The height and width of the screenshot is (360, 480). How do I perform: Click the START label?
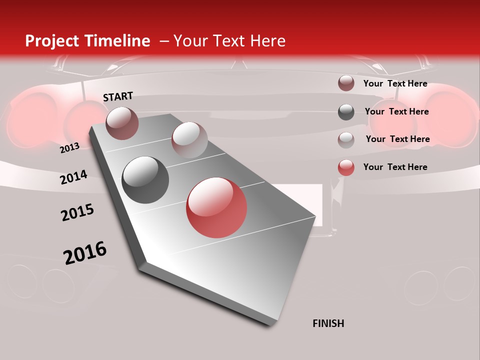pos(118,96)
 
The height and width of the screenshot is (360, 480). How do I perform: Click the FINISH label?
pos(328,323)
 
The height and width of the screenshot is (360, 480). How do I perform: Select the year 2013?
pos(69,148)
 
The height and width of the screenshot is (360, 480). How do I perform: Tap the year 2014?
pos(73,177)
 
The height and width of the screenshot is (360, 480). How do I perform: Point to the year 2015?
pos(77,212)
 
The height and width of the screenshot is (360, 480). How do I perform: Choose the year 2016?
pos(85,253)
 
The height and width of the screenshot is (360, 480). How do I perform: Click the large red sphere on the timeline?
pos(216,207)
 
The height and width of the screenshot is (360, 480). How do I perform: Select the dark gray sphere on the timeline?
pos(145,180)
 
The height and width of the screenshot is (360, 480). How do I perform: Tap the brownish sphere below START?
pos(122,123)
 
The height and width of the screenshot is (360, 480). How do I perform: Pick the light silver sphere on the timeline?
pos(189,140)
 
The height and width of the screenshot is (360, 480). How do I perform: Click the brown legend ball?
pos(346,83)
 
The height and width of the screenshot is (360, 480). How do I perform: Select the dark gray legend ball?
pos(346,112)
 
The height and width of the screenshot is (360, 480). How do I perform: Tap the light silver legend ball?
pos(346,139)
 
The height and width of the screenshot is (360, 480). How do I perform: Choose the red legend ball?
pos(346,167)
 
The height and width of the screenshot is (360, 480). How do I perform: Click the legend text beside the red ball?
pos(395,167)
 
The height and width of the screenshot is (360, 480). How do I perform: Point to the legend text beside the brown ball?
pos(395,83)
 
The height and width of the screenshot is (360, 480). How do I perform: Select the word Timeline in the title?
pos(117,41)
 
